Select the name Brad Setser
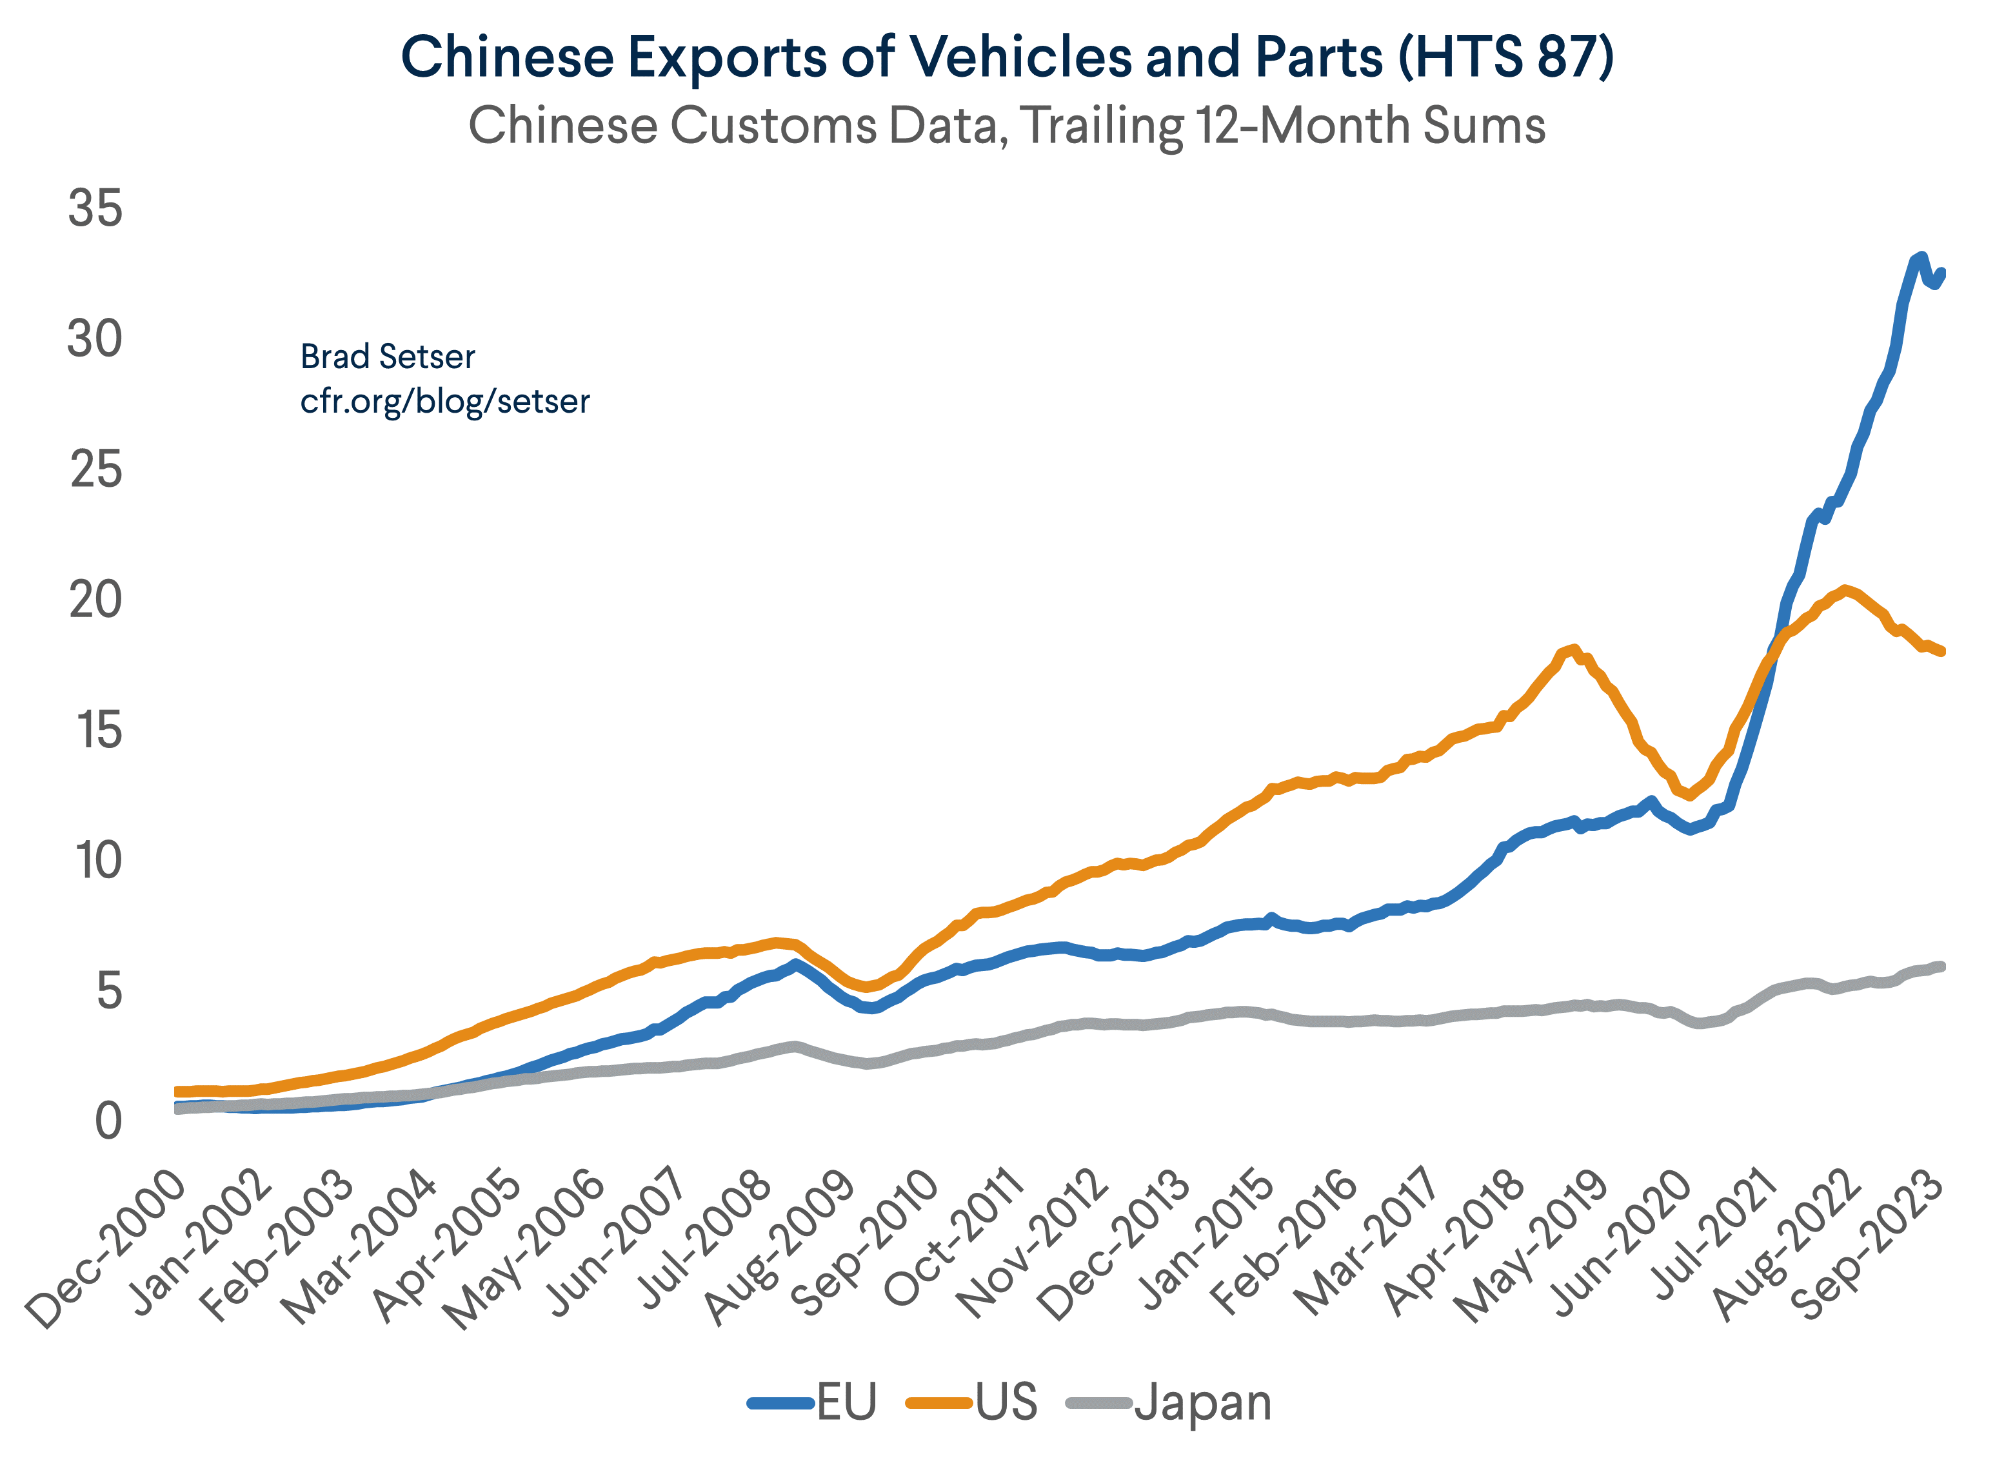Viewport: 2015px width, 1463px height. (x=388, y=357)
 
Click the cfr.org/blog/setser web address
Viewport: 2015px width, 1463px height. (x=444, y=402)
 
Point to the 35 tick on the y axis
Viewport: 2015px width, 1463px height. (x=94, y=210)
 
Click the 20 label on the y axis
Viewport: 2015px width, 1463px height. (x=94, y=602)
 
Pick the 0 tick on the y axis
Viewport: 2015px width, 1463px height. (x=108, y=1123)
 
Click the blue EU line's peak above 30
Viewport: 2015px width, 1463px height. (x=1921, y=258)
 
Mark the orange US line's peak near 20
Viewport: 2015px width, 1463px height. (x=1845, y=590)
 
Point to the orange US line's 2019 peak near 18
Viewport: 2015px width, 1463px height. (x=1573, y=649)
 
